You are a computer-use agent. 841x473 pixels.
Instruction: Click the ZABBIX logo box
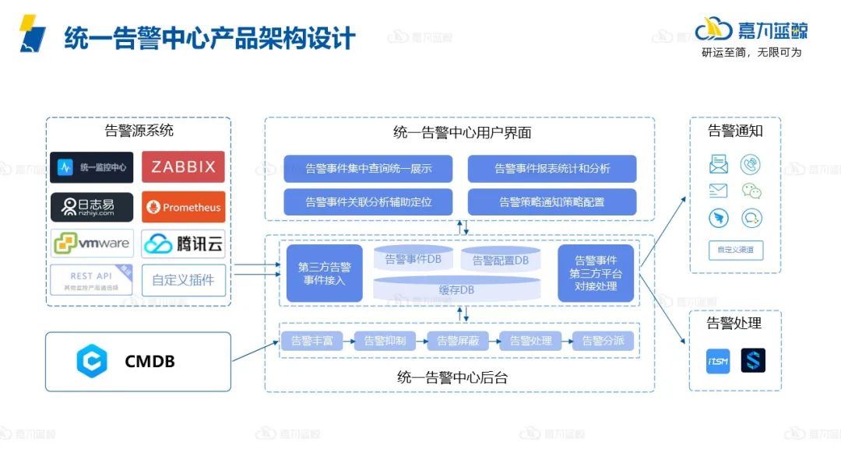(x=183, y=167)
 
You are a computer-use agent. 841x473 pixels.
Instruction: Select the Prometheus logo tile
(x=183, y=208)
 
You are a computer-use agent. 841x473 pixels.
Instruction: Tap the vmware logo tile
(x=92, y=244)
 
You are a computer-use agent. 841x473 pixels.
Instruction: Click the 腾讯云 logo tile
(x=183, y=244)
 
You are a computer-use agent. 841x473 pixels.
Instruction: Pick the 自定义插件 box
(x=183, y=280)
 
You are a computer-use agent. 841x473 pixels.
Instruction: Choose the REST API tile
(x=92, y=280)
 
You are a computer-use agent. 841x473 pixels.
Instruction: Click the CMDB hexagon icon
(x=91, y=362)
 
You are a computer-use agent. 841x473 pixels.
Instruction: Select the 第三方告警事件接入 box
(x=324, y=273)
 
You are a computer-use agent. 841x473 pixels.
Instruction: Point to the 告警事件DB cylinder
(x=413, y=259)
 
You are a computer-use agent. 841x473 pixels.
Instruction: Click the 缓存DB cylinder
(x=456, y=289)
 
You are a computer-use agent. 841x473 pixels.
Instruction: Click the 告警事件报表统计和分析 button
(x=552, y=168)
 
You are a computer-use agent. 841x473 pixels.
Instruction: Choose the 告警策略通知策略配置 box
(x=552, y=202)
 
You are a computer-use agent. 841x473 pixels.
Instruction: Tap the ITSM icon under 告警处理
(x=718, y=361)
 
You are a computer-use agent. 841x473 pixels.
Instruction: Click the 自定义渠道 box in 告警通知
(x=735, y=251)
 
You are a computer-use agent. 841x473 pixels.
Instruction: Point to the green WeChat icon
(x=751, y=191)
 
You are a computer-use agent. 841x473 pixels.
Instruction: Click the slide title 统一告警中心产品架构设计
(x=209, y=37)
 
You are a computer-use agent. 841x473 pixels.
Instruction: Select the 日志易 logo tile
(x=92, y=208)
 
